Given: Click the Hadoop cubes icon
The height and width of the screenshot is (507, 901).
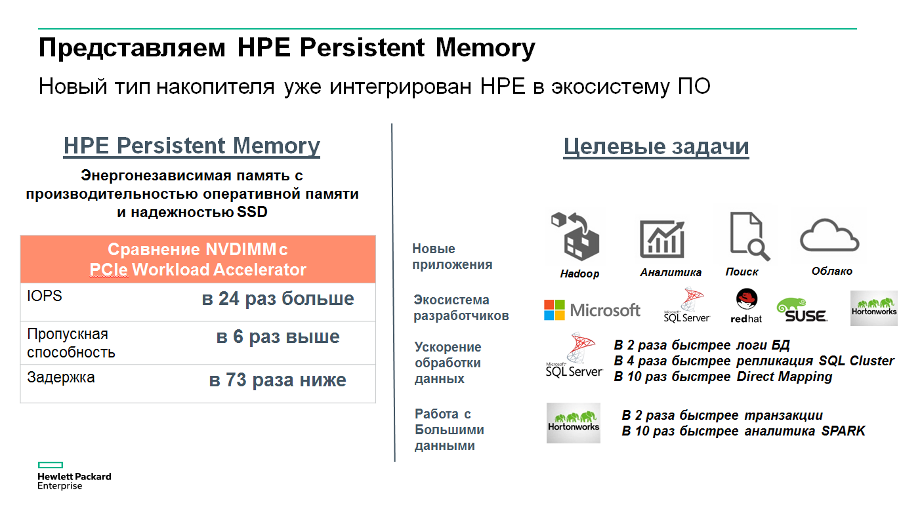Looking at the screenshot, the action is click(x=576, y=237).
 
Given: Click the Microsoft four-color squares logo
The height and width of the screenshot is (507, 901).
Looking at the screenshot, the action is click(x=555, y=310).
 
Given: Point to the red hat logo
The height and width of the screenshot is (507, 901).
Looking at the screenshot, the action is click(x=747, y=306).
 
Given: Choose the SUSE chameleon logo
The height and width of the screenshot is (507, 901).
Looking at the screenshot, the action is click(x=802, y=310).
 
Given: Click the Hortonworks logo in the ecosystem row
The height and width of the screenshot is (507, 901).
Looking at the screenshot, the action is click(x=873, y=308).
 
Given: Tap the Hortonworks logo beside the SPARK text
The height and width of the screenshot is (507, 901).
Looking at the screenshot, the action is click(x=573, y=423).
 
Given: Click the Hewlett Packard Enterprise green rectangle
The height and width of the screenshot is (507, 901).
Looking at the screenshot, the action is click(x=51, y=465).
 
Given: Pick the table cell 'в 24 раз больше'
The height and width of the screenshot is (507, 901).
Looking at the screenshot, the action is click(x=278, y=298).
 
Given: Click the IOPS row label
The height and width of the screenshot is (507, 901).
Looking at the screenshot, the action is click(x=44, y=296).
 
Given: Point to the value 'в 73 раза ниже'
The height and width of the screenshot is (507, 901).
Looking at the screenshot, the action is click(x=278, y=380).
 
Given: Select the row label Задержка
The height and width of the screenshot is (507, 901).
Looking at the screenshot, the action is click(x=61, y=378).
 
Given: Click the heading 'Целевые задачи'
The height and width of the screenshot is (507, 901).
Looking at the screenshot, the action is click(x=656, y=146).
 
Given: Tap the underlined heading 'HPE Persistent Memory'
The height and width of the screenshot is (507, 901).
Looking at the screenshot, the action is click(x=192, y=146).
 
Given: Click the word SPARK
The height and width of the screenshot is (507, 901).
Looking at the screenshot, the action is click(x=843, y=431).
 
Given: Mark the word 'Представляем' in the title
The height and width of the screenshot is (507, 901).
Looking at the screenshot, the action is click(x=132, y=48).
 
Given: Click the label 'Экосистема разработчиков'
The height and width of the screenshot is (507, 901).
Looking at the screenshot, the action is click(x=461, y=308).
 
